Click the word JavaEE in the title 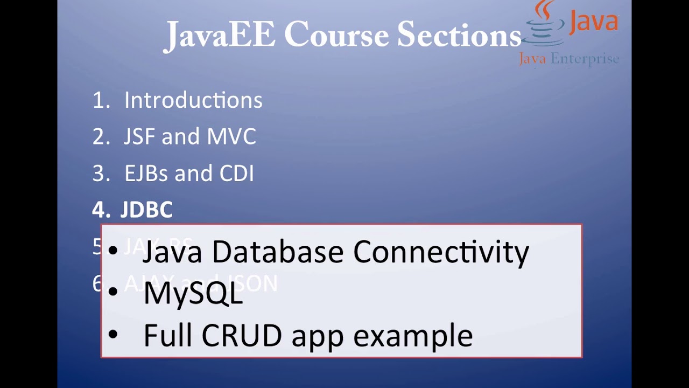pyautogui.click(x=220, y=36)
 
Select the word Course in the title pyautogui.click(x=336, y=36)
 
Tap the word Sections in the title pyautogui.click(x=459, y=36)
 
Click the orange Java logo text pyautogui.click(x=593, y=22)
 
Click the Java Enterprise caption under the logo pyautogui.click(x=569, y=59)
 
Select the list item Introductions pyautogui.click(x=193, y=100)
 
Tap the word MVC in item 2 pyautogui.click(x=231, y=137)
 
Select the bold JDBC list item pyautogui.click(x=146, y=210)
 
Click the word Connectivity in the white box pyautogui.click(x=441, y=252)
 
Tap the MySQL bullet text pyautogui.click(x=193, y=293)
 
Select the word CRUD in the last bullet pyautogui.click(x=242, y=335)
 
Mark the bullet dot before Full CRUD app pyautogui.click(x=113, y=335)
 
